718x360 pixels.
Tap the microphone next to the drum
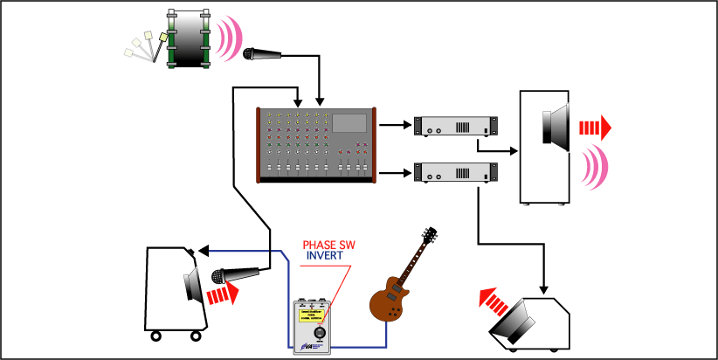point(262,55)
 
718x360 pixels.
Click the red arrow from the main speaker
point(593,128)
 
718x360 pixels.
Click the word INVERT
point(325,258)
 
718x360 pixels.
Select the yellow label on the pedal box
point(320,315)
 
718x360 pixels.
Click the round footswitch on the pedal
point(320,333)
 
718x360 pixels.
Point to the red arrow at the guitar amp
point(224,295)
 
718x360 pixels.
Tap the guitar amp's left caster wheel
point(156,336)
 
